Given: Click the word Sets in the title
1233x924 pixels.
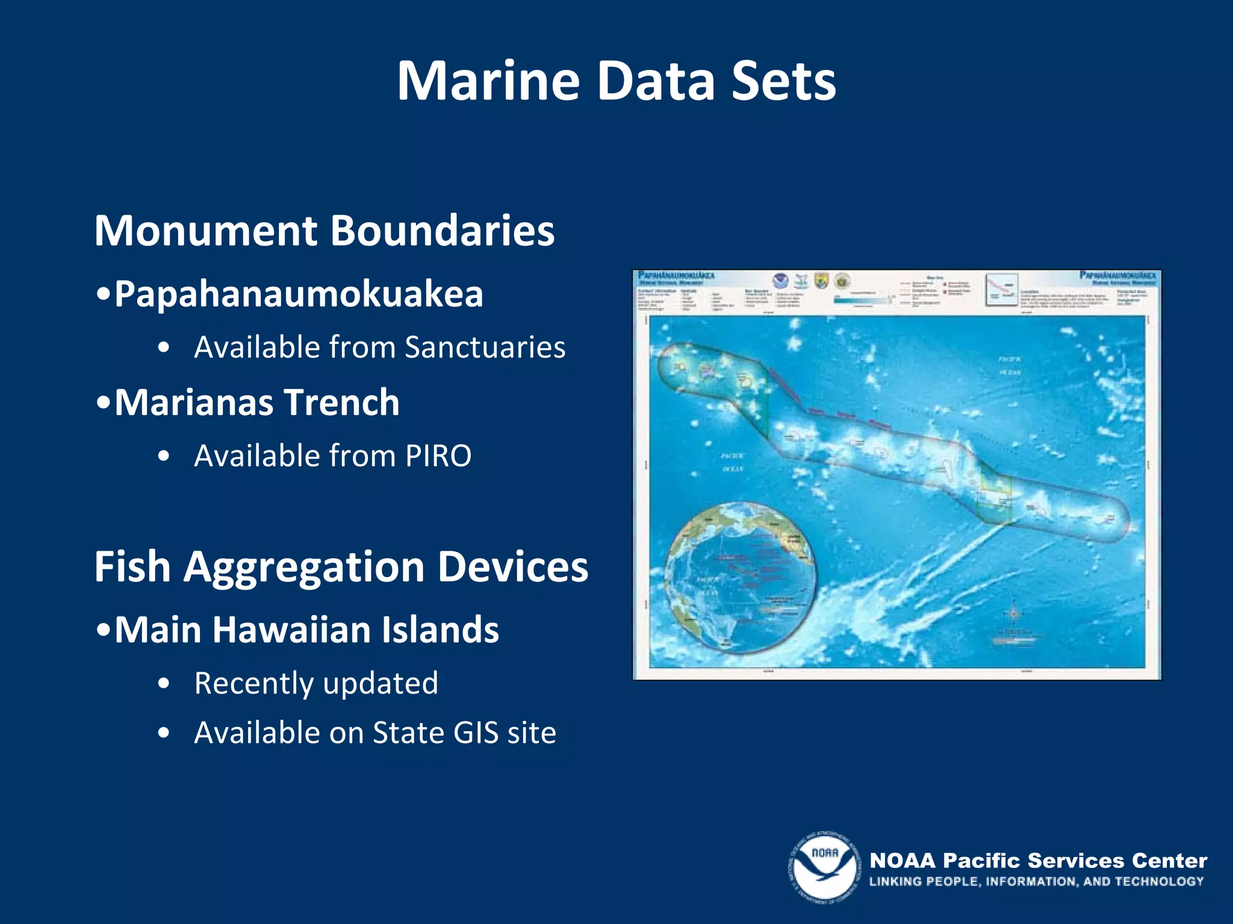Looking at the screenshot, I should (783, 81).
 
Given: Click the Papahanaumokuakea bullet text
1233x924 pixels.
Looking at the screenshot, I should (299, 295).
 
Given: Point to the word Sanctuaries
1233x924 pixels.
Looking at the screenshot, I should (485, 348).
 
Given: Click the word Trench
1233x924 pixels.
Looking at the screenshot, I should (341, 402).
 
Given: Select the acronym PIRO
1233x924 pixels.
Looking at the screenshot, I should (438, 456).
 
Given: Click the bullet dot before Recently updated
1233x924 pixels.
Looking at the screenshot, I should (164, 684).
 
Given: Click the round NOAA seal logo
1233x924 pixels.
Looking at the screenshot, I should (824, 867).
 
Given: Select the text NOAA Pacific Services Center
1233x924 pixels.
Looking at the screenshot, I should (1038, 861).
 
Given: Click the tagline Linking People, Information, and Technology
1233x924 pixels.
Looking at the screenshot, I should (1036, 882).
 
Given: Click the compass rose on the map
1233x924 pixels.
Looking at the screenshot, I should (1013, 613).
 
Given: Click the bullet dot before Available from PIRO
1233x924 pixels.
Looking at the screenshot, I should (164, 457).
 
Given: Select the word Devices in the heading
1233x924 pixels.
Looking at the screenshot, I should (512, 567).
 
